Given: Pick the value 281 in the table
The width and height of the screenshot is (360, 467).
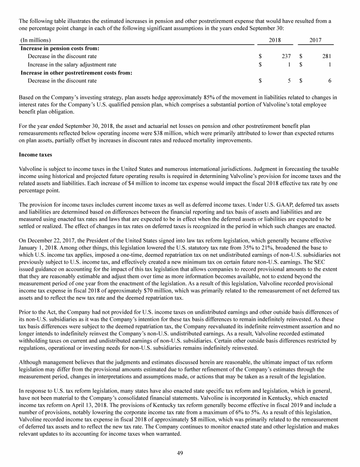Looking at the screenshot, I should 327,56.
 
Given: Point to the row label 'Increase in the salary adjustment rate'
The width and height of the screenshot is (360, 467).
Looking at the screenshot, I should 72,64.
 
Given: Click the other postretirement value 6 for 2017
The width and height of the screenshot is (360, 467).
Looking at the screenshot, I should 330,81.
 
